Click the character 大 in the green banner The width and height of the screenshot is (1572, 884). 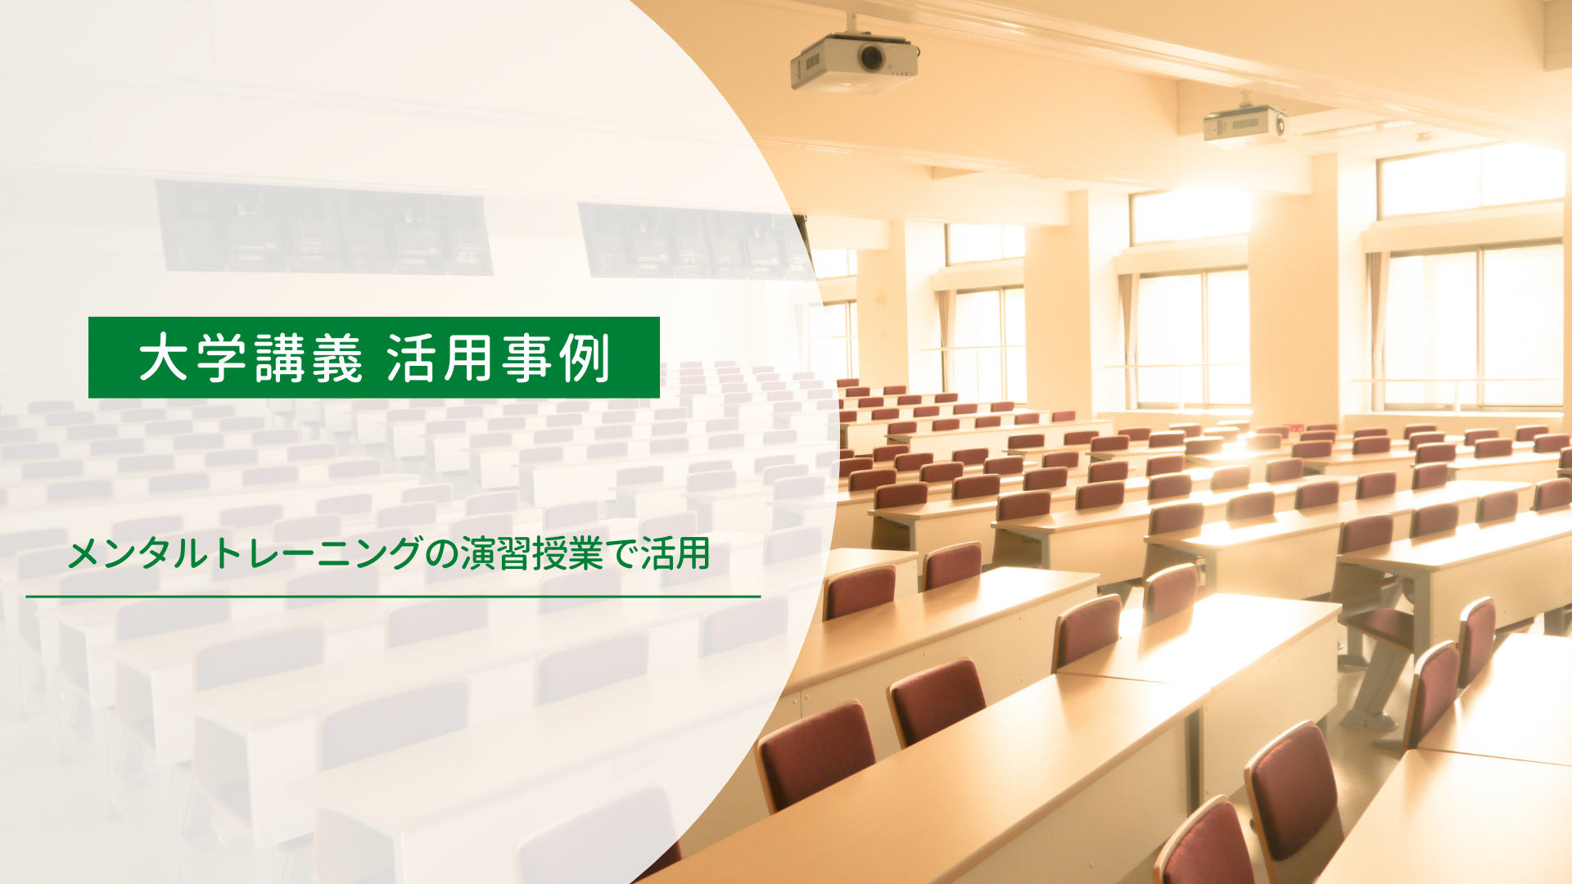164,359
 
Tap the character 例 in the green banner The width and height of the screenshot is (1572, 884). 585,359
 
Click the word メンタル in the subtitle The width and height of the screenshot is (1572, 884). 138,554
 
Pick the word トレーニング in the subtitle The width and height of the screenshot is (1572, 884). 316,554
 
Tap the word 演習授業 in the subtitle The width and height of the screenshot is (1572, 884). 531,554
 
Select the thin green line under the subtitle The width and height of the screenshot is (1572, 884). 393,597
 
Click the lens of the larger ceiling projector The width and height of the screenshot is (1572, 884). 870,56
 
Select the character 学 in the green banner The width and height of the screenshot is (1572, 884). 221,359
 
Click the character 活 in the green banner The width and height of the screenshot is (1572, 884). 413,359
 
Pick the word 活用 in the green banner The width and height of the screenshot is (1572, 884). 440,359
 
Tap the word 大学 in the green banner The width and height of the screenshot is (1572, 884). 192,359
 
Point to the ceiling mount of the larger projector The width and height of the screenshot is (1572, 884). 852,25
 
